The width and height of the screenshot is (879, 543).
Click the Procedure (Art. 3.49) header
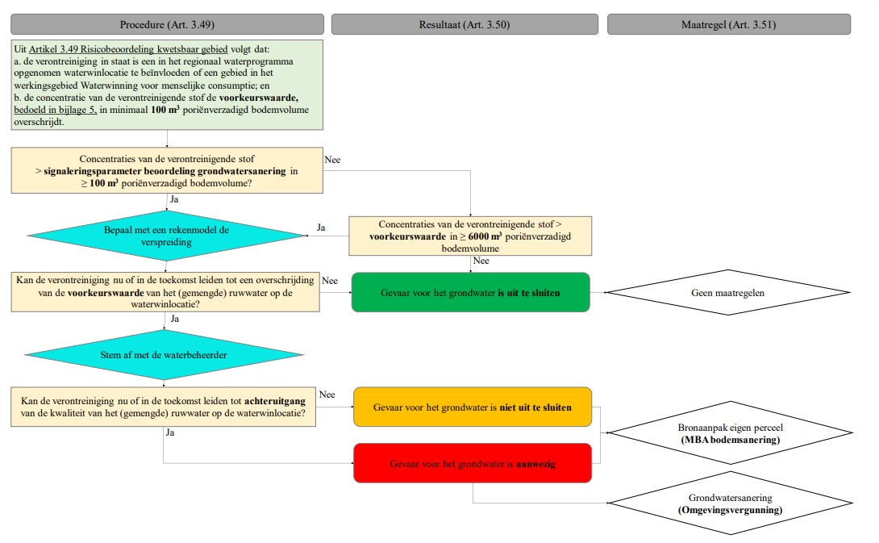166,24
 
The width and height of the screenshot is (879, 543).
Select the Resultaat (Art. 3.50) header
464,24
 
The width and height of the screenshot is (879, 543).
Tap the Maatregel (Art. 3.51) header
728,24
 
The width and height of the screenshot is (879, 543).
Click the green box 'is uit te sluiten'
470,292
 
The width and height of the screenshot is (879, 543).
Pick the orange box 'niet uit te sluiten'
473,407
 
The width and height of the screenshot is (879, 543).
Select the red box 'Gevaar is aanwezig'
473,464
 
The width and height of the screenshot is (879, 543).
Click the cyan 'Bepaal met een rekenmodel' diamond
167,236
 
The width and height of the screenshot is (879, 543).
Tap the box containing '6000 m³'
470,235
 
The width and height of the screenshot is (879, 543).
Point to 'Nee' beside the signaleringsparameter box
332,159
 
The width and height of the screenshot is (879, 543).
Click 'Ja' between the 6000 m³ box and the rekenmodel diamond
320,228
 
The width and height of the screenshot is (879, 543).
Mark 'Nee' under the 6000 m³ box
481,261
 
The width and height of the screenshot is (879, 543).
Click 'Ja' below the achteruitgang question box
170,432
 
